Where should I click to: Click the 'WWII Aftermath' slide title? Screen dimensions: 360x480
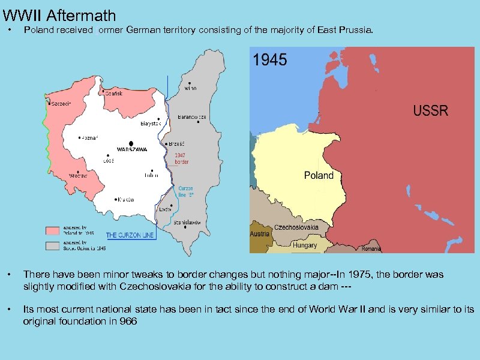tap(59, 14)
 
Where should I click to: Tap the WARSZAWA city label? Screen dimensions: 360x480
tap(132, 149)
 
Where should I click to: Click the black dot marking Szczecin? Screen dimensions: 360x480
tap(50, 103)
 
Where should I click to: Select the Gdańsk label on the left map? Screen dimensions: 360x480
tap(115, 93)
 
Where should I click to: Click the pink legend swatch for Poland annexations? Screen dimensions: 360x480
tap(55, 230)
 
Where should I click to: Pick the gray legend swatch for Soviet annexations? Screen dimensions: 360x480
tap(55, 246)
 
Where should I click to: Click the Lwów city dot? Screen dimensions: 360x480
tap(170, 205)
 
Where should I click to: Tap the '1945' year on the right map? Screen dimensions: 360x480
tap(270, 59)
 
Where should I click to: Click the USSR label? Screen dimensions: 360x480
tap(430, 112)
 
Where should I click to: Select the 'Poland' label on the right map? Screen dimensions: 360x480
tap(319, 175)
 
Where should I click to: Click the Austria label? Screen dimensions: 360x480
tap(259, 233)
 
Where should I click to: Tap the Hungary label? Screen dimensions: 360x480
tap(305, 245)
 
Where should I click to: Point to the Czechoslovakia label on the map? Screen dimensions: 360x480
tap(297, 228)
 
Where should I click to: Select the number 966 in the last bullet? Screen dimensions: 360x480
tap(128, 321)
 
